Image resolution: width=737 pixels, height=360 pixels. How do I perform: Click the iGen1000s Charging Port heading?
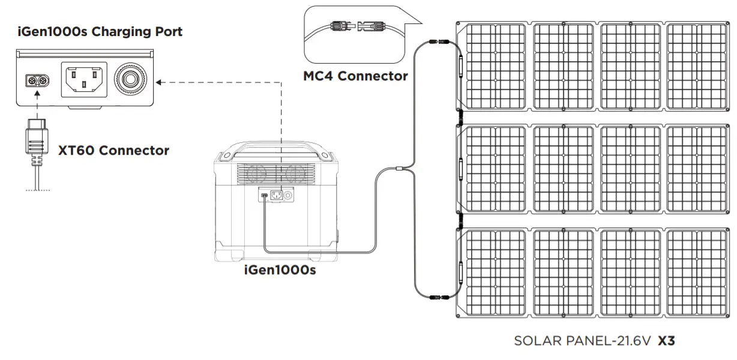tap(100, 32)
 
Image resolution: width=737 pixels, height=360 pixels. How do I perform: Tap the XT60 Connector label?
tap(113, 150)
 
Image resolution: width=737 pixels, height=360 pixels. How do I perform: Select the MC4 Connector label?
tap(355, 76)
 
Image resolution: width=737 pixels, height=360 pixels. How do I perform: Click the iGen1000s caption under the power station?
tap(280, 271)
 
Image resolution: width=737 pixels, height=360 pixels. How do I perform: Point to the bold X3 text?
tap(666, 341)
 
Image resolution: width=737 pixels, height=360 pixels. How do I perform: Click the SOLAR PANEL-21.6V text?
tap(583, 341)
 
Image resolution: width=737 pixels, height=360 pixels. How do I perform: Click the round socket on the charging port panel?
tap(131, 79)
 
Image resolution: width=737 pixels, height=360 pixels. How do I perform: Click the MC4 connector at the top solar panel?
tap(434, 43)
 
